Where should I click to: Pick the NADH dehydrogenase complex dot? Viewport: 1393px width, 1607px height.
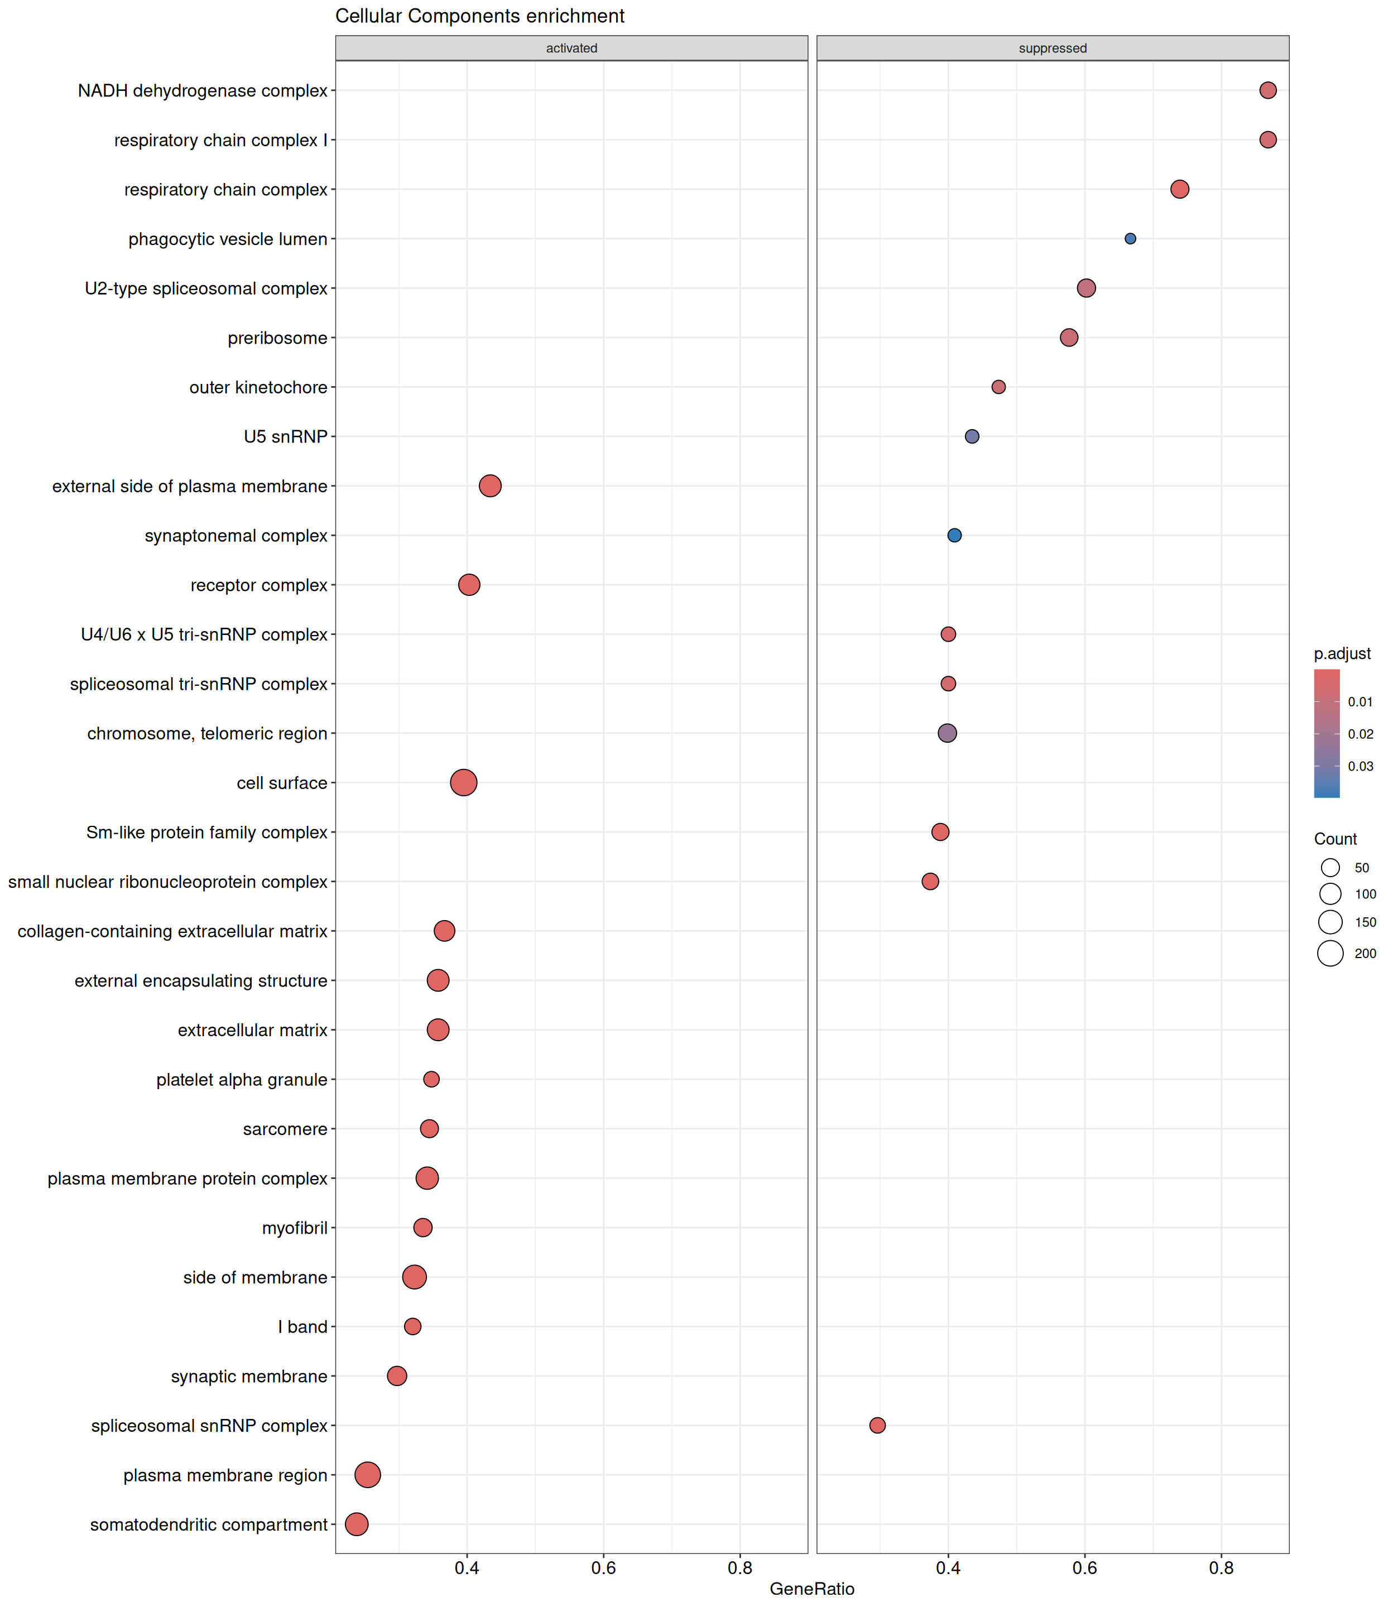click(1268, 90)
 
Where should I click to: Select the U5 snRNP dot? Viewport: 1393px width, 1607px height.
click(972, 437)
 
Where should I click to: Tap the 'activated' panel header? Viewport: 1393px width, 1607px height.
click(571, 48)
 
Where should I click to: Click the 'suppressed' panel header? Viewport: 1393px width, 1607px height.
click(1053, 48)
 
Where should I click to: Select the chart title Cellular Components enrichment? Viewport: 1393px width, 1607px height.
click(479, 16)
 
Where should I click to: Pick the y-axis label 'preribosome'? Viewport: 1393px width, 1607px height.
click(277, 338)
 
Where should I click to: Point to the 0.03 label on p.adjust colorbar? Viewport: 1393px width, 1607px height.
click(1361, 766)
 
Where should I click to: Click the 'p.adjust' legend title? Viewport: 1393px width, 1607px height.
click(1342, 653)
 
